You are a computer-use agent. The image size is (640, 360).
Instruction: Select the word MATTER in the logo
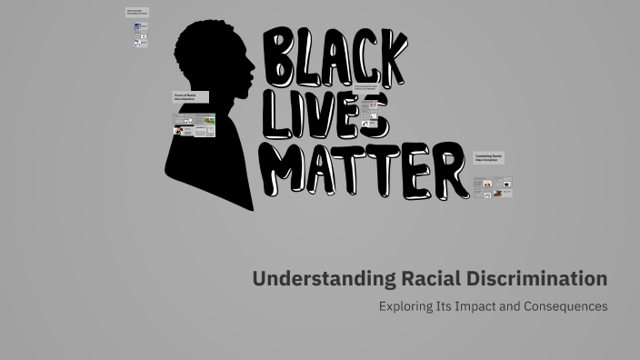point(368,170)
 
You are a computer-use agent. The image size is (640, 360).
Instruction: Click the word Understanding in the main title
point(324,279)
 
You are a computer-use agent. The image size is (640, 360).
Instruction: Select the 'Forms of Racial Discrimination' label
point(190,97)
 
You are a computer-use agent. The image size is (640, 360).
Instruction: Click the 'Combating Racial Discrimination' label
point(488,157)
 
